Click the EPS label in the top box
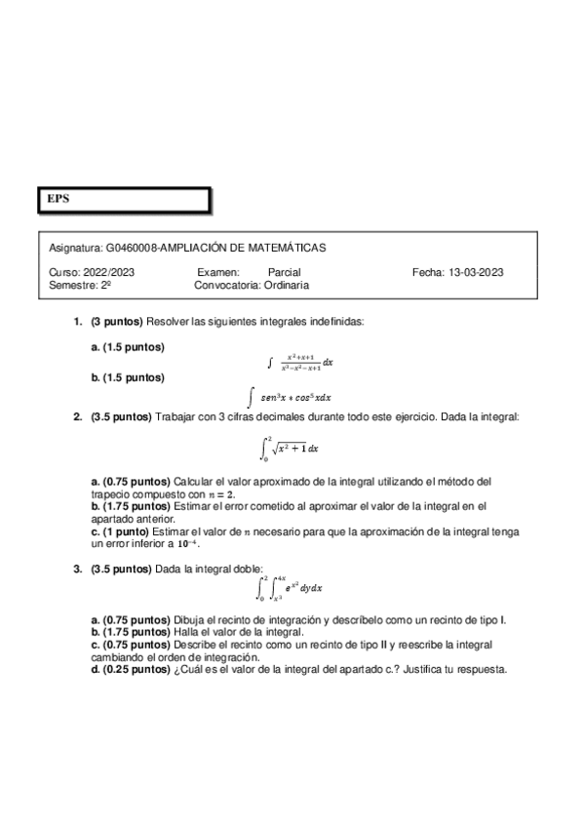pos(58,198)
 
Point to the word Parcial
pos(284,272)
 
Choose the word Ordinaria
pos(287,285)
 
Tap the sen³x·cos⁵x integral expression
pos(292,397)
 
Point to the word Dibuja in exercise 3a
pos(189,619)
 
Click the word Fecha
pos(427,272)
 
